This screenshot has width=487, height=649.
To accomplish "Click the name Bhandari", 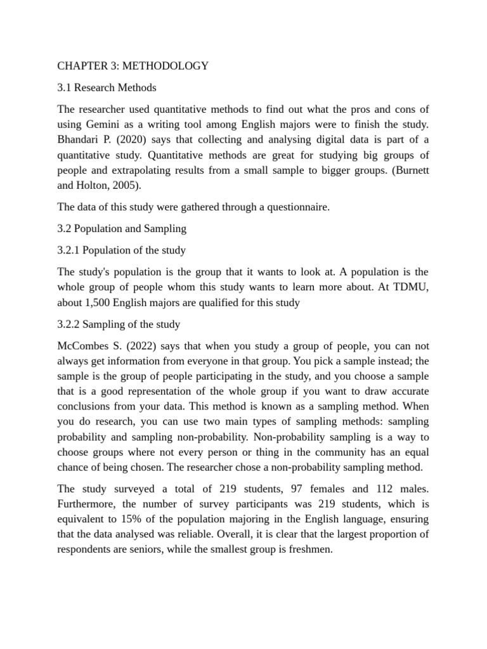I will pyautogui.click(x=78, y=140).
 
